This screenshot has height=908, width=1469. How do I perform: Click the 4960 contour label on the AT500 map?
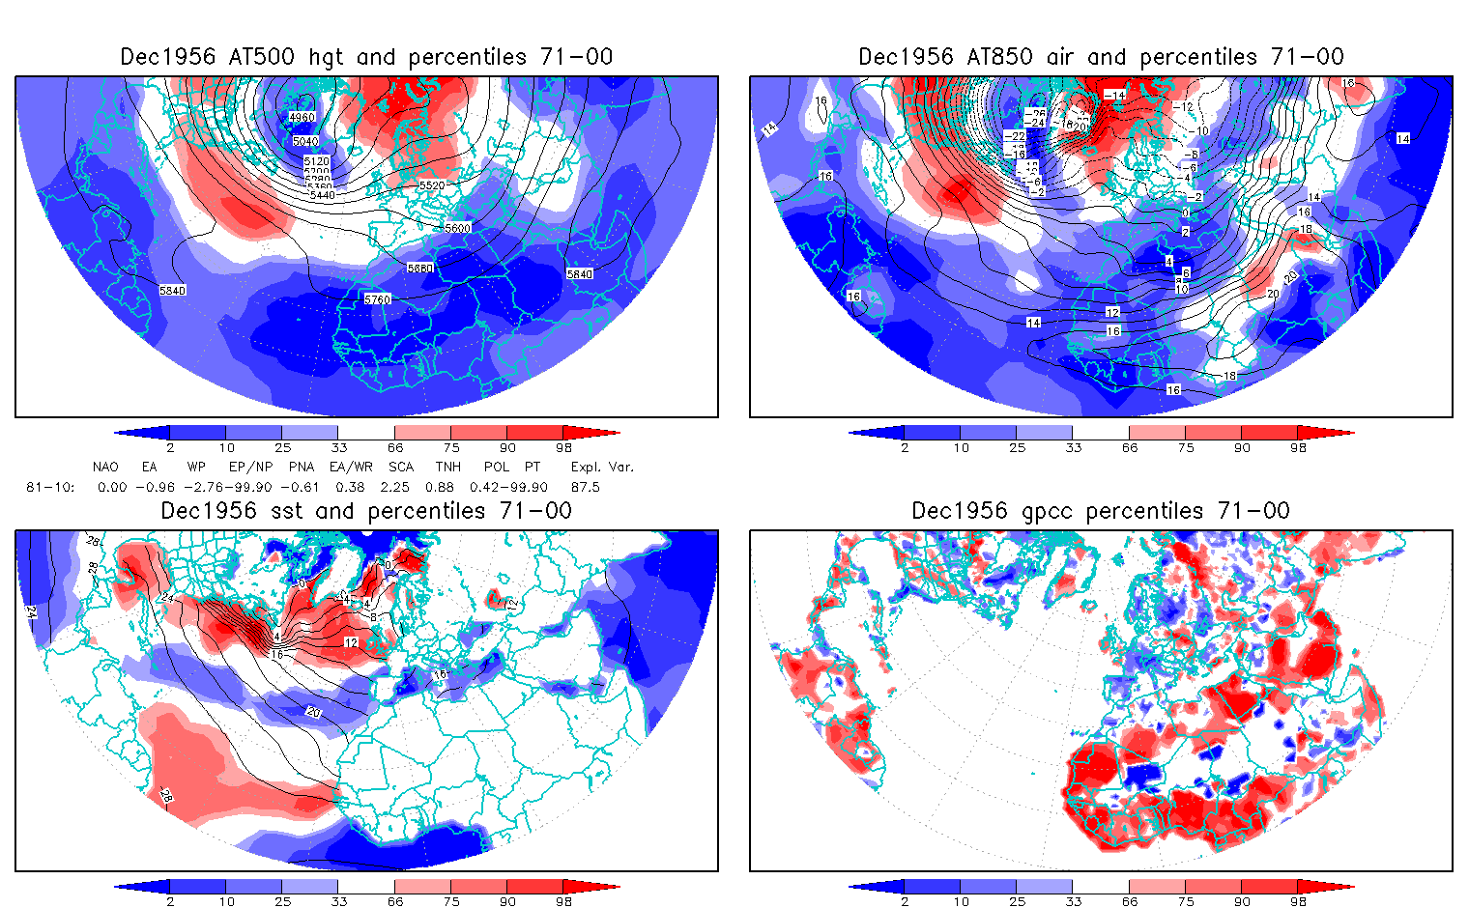tap(302, 118)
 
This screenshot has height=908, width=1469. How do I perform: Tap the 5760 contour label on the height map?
tap(378, 299)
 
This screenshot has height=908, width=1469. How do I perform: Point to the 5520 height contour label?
tap(432, 185)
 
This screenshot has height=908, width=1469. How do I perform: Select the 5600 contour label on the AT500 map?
tap(458, 229)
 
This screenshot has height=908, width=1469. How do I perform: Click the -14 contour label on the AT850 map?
tap(1114, 95)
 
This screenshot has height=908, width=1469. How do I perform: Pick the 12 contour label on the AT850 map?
tap(1112, 313)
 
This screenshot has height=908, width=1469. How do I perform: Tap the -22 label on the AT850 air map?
tap(1014, 137)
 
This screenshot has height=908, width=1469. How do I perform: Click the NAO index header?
tap(105, 467)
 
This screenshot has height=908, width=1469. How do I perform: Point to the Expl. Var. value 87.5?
tap(586, 488)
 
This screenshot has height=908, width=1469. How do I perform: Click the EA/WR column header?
tap(351, 467)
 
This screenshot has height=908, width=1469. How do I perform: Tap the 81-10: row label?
tap(49, 488)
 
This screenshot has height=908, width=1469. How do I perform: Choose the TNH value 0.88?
tap(440, 488)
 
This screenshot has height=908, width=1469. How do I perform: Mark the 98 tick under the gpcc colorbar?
tap(1298, 902)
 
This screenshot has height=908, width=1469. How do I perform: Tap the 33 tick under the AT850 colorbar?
tap(1073, 448)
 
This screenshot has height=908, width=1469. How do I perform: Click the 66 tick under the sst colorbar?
tap(395, 902)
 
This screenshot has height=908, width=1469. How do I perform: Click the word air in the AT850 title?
tap(1062, 57)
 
